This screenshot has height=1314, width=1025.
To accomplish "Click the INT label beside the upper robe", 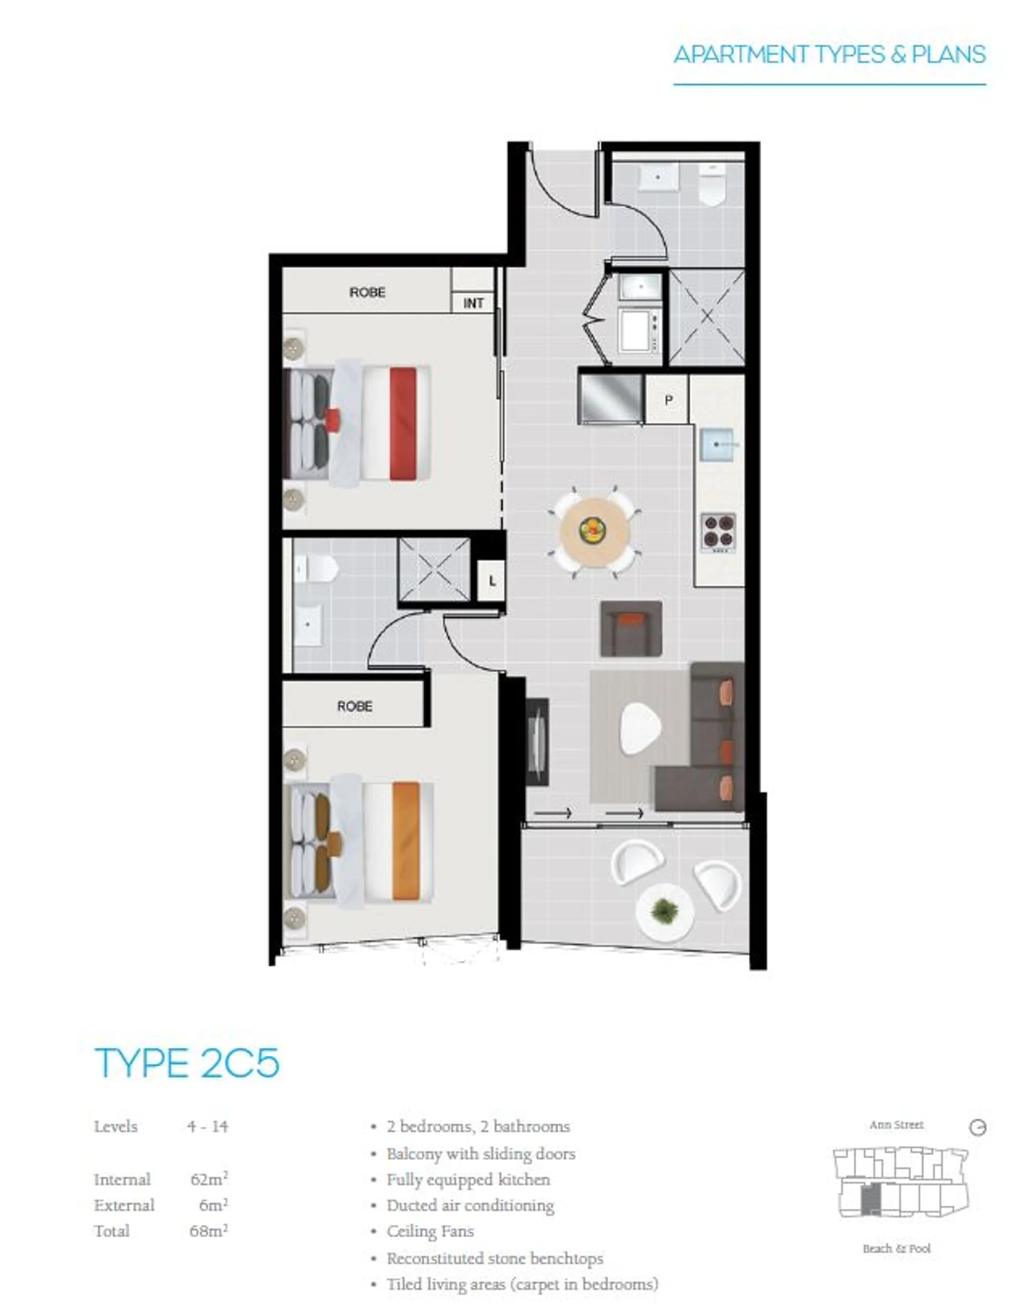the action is pyautogui.click(x=473, y=302).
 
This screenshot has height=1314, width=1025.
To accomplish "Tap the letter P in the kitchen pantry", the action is pyautogui.click(x=668, y=400).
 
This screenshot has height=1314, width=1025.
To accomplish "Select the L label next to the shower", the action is pyautogui.click(x=492, y=581).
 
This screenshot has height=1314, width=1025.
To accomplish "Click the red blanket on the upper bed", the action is pyautogui.click(x=403, y=424).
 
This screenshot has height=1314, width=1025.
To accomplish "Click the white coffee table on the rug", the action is pyautogui.click(x=641, y=728).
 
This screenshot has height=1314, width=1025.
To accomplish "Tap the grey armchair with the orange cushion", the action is pyautogui.click(x=631, y=628).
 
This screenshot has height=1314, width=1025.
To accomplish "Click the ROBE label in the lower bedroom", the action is pyautogui.click(x=354, y=706).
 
